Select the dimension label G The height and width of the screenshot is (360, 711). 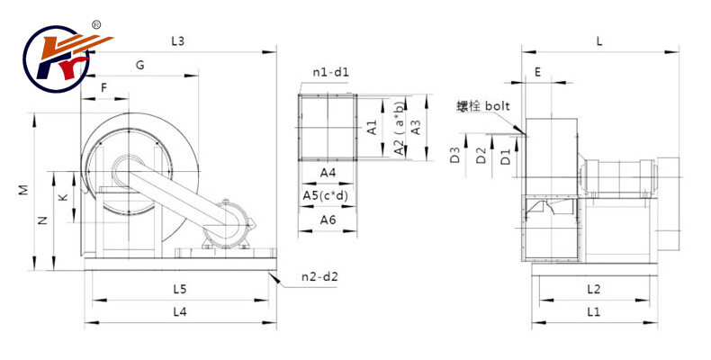pos(139,66)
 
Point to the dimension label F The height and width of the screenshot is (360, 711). pos(104,88)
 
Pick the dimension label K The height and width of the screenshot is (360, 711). pos(62,196)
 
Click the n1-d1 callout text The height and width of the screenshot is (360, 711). pos(330,72)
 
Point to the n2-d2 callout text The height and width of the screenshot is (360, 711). pos(319,276)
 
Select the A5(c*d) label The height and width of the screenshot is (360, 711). pos(328,195)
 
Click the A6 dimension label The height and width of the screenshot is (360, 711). pos(328,219)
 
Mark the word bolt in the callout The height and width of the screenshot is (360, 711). pos(498,106)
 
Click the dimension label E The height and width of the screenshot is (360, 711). pos(537,72)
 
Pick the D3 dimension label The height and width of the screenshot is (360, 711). pos(456,155)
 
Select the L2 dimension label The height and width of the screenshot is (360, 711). pos(593,289)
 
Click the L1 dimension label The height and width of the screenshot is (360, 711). pos(593,312)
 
